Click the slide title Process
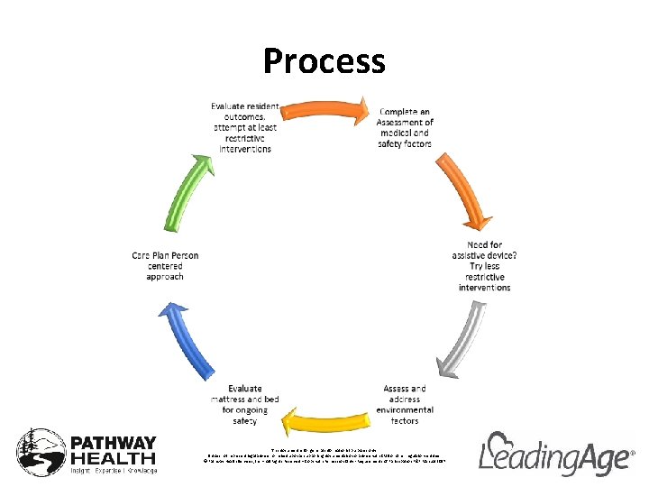tap(324, 61)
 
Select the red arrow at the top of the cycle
tap(324, 111)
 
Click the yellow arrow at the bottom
tap(324, 420)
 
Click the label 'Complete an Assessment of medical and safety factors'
tap(406, 128)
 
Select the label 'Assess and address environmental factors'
tap(405, 404)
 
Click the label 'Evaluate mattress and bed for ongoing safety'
tap(245, 404)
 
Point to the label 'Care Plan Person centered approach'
tap(165, 266)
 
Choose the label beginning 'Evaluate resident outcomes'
tap(245, 127)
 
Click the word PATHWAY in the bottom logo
tap(114, 444)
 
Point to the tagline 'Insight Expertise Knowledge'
tap(114, 471)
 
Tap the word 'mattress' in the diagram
tap(234, 398)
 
